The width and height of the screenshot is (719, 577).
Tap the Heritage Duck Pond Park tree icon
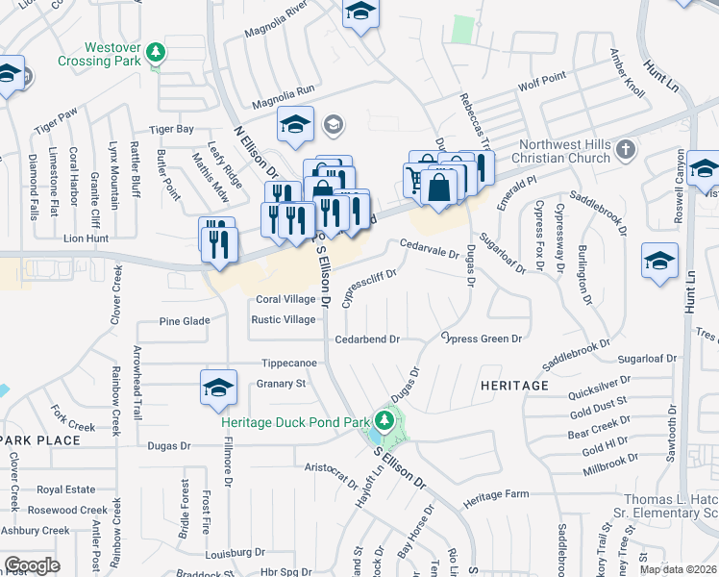[384, 420]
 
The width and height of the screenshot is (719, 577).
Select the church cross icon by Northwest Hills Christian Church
[626, 149]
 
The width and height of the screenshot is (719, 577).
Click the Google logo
[32, 565]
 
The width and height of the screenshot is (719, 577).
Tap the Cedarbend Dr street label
[366, 339]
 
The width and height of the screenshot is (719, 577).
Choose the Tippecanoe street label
[290, 364]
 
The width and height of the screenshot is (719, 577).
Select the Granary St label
[280, 383]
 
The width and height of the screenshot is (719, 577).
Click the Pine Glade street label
[185, 321]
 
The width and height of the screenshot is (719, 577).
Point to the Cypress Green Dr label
[482, 339]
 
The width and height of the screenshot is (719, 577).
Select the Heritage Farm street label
[496, 494]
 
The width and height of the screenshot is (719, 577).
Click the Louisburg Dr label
[235, 552]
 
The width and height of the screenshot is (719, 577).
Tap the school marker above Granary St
[219, 388]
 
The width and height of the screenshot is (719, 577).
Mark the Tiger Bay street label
[171, 129]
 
